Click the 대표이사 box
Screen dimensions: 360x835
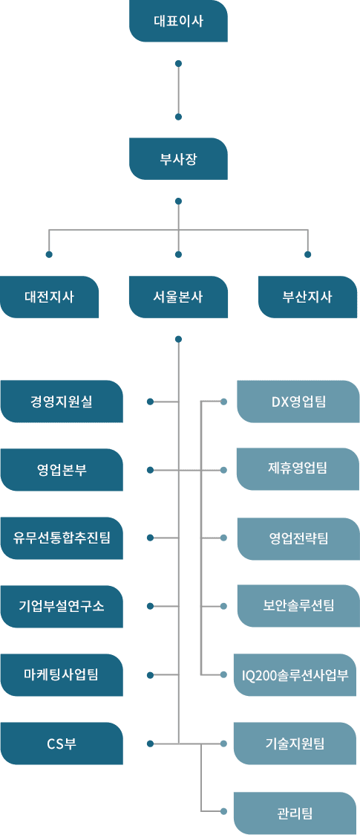(179, 22)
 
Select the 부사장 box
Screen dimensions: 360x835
(179, 158)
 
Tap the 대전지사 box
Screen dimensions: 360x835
(50, 297)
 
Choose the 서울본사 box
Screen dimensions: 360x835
(179, 297)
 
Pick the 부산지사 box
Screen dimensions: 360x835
(308, 297)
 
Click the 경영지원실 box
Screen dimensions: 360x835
(62, 402)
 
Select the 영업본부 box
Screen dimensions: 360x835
(62, 470)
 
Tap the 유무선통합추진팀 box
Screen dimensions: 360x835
(62, 538)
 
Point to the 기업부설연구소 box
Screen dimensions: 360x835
(62, 606)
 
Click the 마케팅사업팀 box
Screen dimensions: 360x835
(62, 674)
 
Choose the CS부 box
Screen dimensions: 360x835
(62, 744)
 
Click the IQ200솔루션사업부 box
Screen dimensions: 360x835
(295, 674)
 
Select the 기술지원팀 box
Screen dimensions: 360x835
(295, 744)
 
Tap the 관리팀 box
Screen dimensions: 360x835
(295, 813)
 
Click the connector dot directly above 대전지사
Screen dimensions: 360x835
(50, 254)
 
